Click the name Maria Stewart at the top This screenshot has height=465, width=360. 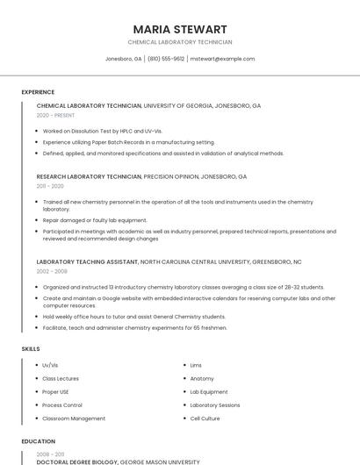tap(179, 29)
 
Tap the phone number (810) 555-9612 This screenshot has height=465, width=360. tap(166, 59)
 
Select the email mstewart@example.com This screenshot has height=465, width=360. tap(222, 59)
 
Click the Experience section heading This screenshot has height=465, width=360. tap(38, 92)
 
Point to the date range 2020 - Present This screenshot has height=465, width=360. tap(55, 115)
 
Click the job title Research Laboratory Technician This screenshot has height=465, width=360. tap(89, 176)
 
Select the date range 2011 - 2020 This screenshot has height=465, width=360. tap(50, 186)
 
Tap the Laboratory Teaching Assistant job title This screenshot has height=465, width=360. tap(88, 261)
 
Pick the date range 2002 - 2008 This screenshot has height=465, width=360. tap(52, 271)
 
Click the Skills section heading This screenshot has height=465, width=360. tap(31, 349)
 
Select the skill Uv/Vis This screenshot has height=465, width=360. tap(50, 365)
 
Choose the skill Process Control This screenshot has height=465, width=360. tap(62, 405)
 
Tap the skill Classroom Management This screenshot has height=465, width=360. tap(74, 418)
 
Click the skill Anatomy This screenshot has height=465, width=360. tap(202, 378)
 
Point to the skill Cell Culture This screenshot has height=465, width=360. tap(205, 418)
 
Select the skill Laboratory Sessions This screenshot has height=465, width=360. tap(215, 405)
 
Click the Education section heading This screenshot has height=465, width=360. tap(38, 441)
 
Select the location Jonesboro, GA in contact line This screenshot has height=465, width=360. tap(123, 59)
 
